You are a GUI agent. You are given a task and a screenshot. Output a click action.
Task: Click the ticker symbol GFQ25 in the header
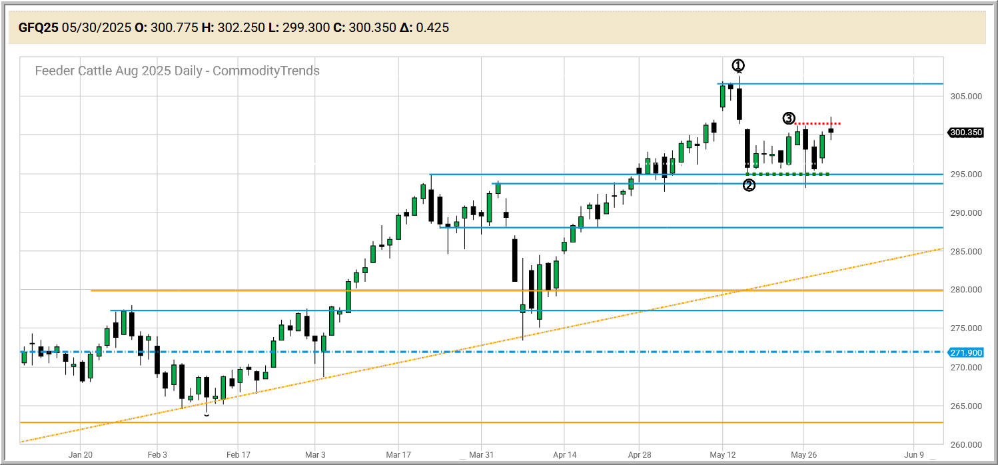pyautogui.click(x=38, y=27)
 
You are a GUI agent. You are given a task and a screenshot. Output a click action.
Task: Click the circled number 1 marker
pyautogui.click(x=738, y=65)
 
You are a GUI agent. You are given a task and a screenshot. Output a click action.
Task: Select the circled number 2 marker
pyautogui.click(x=749, y=185)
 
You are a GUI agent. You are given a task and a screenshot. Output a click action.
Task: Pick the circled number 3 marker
pyautogui.click(x=788, y=119)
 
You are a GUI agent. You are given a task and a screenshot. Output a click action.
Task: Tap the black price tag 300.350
pyautogui.click(x=965, y=133)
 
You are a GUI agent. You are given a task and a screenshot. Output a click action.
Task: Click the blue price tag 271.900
pyautogui.click(x=965, y=352)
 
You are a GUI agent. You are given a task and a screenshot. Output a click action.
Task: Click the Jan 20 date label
pyautogui.click(x=80, y=455)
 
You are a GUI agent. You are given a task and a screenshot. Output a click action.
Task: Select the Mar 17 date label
pyautogui.click(x=398, y=455)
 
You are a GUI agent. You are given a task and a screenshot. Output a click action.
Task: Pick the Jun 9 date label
pyautogui.click(x=913, y=455)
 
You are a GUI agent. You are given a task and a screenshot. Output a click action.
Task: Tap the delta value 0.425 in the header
pyautogui.click(x=432, y=27)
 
